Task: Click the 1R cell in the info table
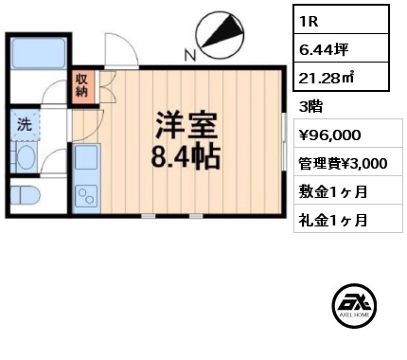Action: [x=341, y=20]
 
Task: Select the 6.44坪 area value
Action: [x=341, y=47]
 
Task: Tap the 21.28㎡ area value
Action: [x=341, y=76]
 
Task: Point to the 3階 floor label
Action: [x=310, y=107]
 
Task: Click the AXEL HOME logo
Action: [x=354, y=305]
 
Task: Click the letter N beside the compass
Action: [x=190, y=56]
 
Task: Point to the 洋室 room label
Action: [x=186, y=126]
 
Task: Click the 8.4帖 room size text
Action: [x=186, y=157]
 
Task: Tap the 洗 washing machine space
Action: [x=25, y=124]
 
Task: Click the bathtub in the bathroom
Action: [x=39, y=53]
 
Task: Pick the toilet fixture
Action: [x=26, y=197]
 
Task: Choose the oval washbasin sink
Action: [x=26, y=157]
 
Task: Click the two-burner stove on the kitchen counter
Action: [x=86, y=196]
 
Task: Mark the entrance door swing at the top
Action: [x=121, y=50]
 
